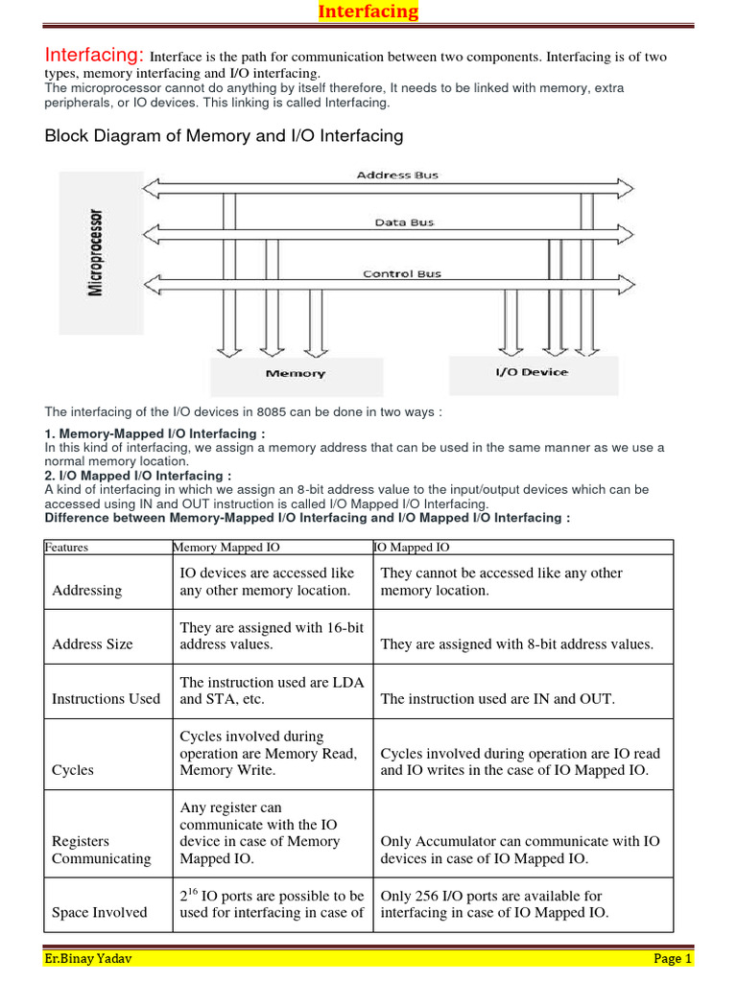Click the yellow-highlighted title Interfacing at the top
tap(368, 12)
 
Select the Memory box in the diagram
tap(295, 374)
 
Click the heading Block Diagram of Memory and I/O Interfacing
tap(225, 136)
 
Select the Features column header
tap(66, 548)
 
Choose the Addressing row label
tap(87, 591)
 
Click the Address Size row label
tap(92, 644)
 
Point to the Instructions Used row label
tap(106, 699)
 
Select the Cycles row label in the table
tap(73, 770)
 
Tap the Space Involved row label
tap(100, 912)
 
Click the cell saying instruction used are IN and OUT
tap(497, 699)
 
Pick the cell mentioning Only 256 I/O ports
tap(494, 903)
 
